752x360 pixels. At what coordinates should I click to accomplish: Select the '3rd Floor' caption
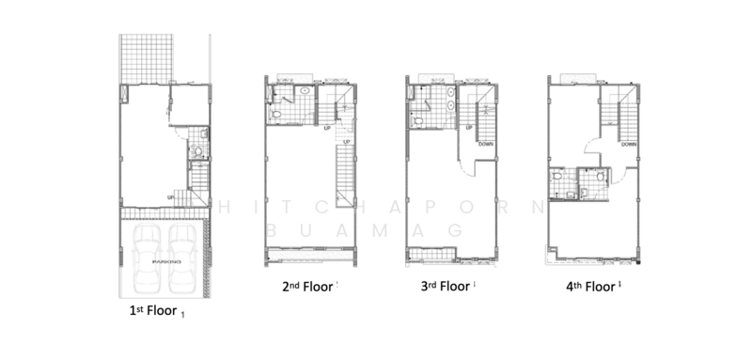pyautogui.click(x=443, y=287)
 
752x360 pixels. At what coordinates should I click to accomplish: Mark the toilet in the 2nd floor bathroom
pyautogui.click(x=280, y=114)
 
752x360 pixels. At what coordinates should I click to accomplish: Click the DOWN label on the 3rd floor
pyautogui.click(x=486, y=144)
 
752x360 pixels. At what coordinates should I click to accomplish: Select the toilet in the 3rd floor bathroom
pyautogui.click(x=419, y=114)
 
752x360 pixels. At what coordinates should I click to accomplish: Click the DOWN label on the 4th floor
pyautogui.click(x=629, y=144)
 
